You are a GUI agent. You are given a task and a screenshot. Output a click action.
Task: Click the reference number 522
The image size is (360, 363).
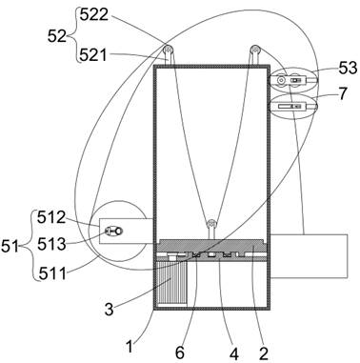(x=94, y=14)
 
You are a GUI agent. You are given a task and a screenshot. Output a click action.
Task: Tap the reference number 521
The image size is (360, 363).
(x=93, y=54)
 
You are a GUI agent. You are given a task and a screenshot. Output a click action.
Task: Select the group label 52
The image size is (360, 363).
(x=57, y=36)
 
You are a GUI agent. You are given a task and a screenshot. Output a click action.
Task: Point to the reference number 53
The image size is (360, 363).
(x=348, y=68)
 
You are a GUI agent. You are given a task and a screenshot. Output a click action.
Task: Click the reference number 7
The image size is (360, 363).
(x=343, y=93)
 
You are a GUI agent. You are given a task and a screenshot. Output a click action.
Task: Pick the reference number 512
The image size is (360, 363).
(x=51, y=217)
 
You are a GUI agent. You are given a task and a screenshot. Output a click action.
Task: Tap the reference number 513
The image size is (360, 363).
(x=51, y=244)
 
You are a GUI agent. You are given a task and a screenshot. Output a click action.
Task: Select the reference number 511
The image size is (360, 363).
(x=52, y=273)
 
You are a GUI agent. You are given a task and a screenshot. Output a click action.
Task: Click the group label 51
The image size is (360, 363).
(x=10, y=246)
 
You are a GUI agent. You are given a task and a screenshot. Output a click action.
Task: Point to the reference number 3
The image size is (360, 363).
(x=109, y=309)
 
